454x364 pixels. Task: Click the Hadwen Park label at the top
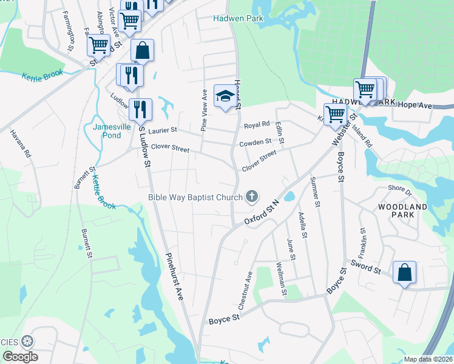click(x=238, y=18)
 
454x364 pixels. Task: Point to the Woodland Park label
click(x=402, y=211)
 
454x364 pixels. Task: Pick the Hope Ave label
click(x=415, y=106)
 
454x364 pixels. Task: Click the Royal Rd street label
click(x=256, y=126)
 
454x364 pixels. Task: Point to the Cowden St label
click(x=255, y=142)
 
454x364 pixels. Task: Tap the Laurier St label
click(x=160, y=130)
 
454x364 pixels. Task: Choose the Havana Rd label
click(x=19, y=143)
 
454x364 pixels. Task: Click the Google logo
click(x=20, y=357)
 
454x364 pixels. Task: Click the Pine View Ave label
click(x=205, y=110)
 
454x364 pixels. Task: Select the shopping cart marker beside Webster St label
click(x=335, y=113)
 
